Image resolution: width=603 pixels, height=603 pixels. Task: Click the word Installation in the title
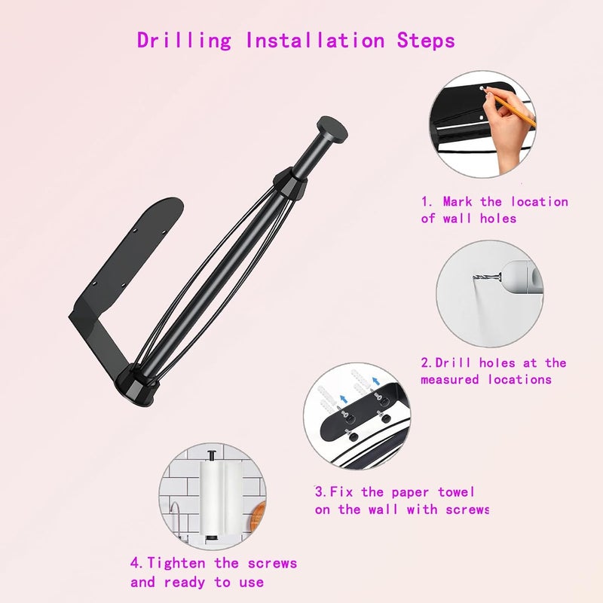tap(315, 40)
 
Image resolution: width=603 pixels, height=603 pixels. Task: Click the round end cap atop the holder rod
tap(332, 129)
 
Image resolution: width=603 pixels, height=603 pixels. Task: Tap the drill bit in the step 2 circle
tap(487, 277)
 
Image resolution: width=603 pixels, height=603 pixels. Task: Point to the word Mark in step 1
tap(458, 201)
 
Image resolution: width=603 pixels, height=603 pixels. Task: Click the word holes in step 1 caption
tap(498, 219)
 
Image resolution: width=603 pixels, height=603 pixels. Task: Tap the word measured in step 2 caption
tap(450, 380)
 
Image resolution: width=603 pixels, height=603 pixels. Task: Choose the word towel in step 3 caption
tap(456, 492)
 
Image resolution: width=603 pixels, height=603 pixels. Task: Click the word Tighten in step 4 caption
tap(176, 564)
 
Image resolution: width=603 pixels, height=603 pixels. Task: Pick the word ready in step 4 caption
tap(184, 583)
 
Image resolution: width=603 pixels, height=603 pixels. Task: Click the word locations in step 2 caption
tap(520, 380)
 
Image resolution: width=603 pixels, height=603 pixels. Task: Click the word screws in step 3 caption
tap(467, 510)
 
